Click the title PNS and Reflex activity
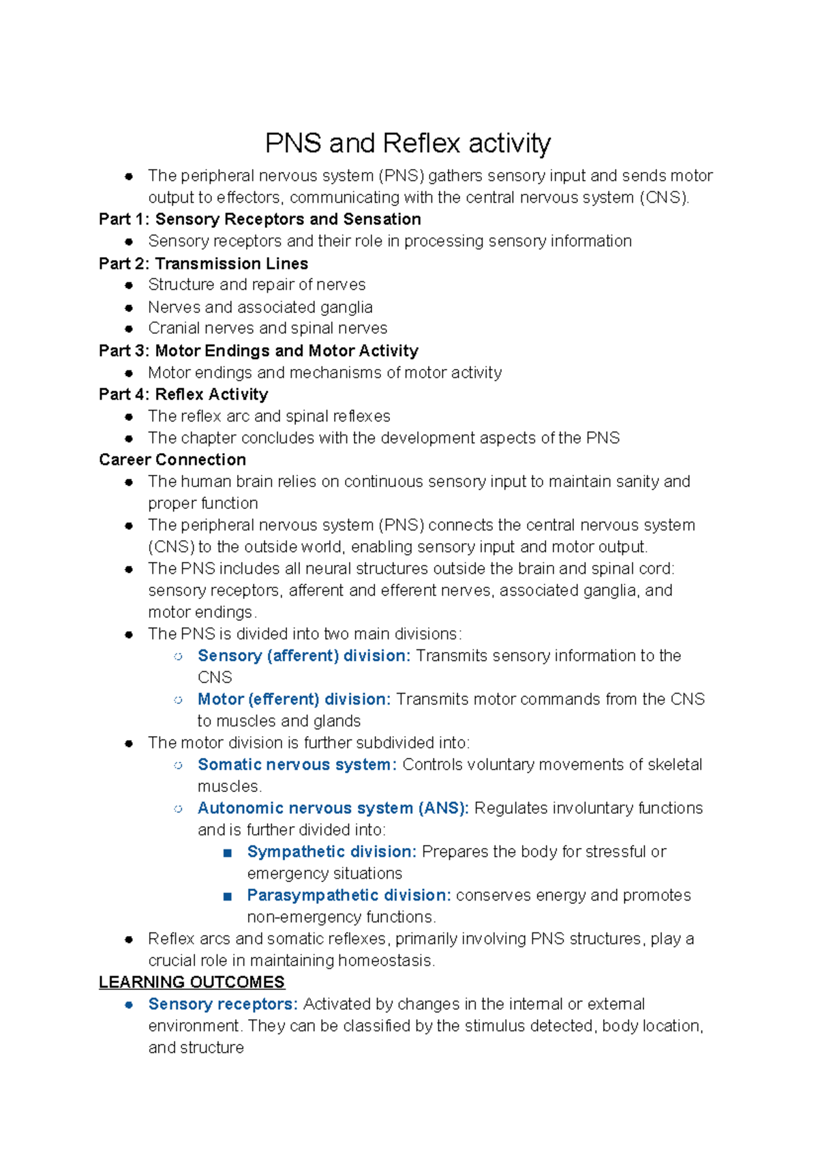tap(408, 144)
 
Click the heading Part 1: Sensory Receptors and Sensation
tap(260, 219)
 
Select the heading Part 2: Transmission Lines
tap(203, 263)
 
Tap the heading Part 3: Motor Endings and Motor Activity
tap(258, 351)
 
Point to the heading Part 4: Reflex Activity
tap(183, 394)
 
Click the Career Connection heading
tap(172, 460)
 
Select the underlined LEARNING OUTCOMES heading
tap(192, 982)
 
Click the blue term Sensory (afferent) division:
tap(304, 656)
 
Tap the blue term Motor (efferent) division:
tap(294, 699)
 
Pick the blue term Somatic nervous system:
tap(297, 765)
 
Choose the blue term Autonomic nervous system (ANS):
tap(333, 808)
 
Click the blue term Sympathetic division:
tap(331, 852)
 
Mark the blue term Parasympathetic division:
tap(349, 895)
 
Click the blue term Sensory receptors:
tap(223, 1004)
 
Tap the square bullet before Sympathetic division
tap(228, 853)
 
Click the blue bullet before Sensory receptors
tap(129, 1005)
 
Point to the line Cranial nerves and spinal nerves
tap(267, 328)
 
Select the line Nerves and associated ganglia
tap(260, 307)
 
